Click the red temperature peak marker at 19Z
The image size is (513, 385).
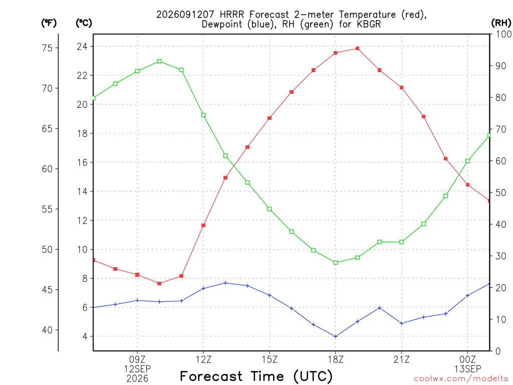pyautogui.click(x=358, y=49)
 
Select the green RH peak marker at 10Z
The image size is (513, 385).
pyautogui.click(x=159, y=61)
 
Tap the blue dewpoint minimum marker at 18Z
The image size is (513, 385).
pyautogui.click(x=335, y=336)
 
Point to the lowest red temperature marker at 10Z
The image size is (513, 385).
pyautogui.click(x=159, y=284)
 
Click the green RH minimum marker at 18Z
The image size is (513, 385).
pyautogui.click(x=335, y=263)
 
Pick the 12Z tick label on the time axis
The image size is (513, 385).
pyautogui.click(x=203, y=359)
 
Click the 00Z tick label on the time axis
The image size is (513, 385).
pyautogui.click(x=467, y=359)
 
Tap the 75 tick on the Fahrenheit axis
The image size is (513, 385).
pyautogui.click(x=47, y=48)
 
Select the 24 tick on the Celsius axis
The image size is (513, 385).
pyautogui.click(x=82, y=47)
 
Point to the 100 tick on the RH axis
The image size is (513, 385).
pyautogui.click(x=503, y=34)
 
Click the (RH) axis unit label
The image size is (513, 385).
pyautogui.click(x=501, y=23)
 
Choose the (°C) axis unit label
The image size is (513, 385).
pyautogui.click(x=84, y=23)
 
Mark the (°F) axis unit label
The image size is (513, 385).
pyautogui.click(x=49, y=23)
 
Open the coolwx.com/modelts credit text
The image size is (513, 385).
pyautogui.click(x=461, y=379)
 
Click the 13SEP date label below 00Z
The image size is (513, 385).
pyautogui.click(x=467, y=369)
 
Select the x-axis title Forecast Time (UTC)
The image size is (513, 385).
pyautogui.click(x=256, y=376)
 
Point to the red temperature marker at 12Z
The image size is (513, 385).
pyautogui.click(x=203, y=225)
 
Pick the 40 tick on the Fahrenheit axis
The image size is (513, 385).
pyautogui.click(x=47, y=330)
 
